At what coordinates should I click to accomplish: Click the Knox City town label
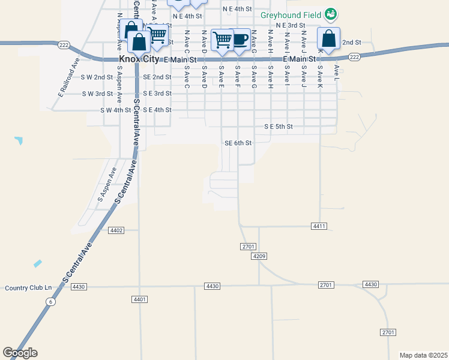click(140, 60)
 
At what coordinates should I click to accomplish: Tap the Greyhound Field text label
click(292, 14)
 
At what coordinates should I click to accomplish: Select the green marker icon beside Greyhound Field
click(330, 13)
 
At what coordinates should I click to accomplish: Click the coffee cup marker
click(240, 40)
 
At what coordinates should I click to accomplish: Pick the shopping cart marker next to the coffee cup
click(223, 40)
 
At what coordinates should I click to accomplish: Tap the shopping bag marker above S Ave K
click(329, 39)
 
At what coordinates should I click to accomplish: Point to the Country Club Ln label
click(28, 287)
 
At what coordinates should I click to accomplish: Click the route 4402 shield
click(116, 230)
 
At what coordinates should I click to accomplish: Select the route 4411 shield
click(319, 226)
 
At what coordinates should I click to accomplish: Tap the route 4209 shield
click(259, 256)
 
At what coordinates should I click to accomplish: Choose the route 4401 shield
click(139, 299)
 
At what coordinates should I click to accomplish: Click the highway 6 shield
click(52, 302)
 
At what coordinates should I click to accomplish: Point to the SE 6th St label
click(238, 143)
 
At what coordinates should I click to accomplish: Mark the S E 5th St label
click(279, 127)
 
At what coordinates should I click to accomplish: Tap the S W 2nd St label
click(97, 77)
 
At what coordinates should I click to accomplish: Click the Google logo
click(20, 353)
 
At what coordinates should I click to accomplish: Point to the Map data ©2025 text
click(423, 355)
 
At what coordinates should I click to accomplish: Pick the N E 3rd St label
click(291, 26)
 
